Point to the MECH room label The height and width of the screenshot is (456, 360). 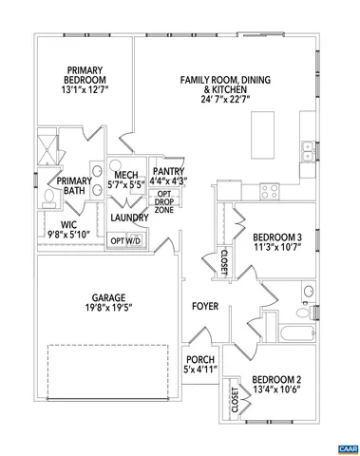tap(126, 175)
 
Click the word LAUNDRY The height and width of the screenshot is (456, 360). tap(128, 218)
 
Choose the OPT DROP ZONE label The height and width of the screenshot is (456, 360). tap(164, 202)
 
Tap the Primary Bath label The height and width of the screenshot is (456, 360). tap(74, 186)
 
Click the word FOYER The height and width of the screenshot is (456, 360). tap(205, 306)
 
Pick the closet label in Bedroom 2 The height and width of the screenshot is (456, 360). tap(234, 400)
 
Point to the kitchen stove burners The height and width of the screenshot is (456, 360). tap(270, 188)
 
